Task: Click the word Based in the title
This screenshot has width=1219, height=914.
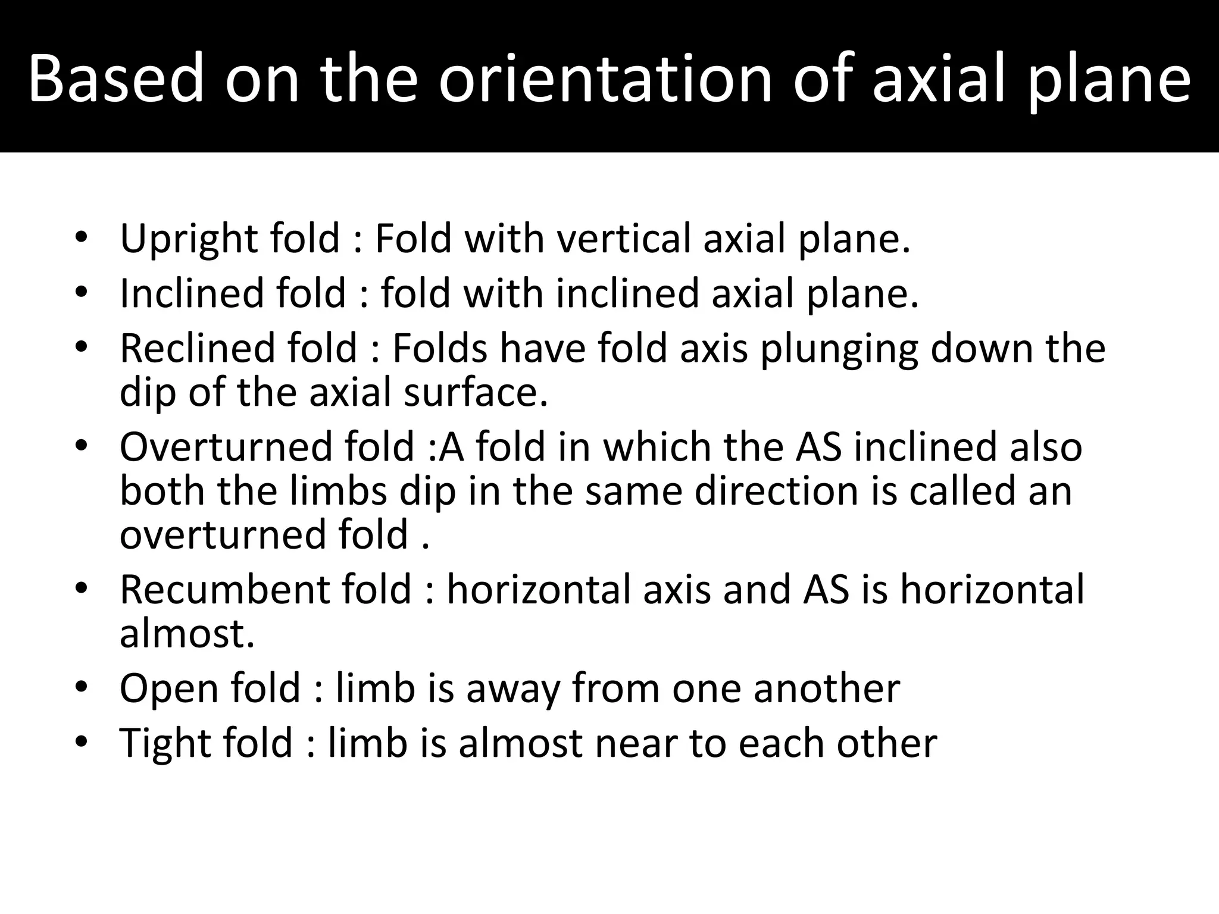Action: point(117,79)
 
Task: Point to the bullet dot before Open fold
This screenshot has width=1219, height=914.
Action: point(82,688)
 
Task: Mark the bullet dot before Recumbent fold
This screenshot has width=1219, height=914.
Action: point(82,590)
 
